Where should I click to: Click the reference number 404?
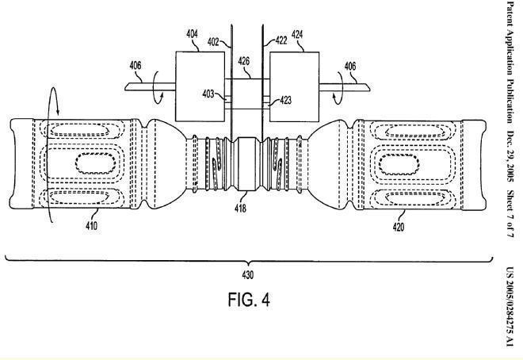point(193,35)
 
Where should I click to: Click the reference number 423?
point(286,100)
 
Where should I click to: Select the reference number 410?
point(91,226)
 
